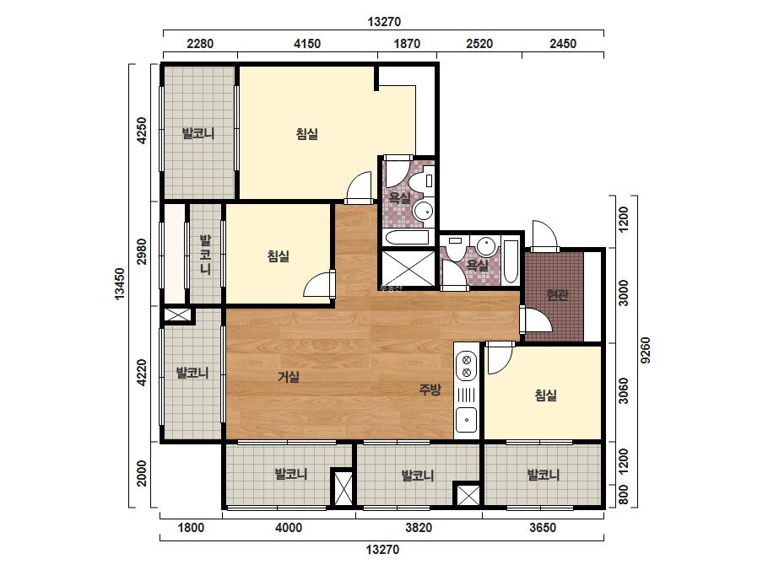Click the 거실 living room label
(x=289, y=377)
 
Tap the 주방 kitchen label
(x=430, y=390)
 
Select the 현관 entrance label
(x=557, y=295)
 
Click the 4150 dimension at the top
(x=307, y=44)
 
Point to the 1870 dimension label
(x=407, y=44)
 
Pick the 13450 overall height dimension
(x=120, y=284)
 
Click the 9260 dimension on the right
(x=646, y=351)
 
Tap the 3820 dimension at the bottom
(x=419, y=527)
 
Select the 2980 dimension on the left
(x=142, y=252)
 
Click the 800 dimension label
(x=624, y=495)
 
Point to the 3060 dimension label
(x=624, y=391)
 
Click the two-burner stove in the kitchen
(x=467, y=366)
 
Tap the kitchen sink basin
(x=467, y=419)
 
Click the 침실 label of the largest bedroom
(x=307, y=134)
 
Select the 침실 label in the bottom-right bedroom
(x=545, y=395)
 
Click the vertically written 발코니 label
(x=206, y=255)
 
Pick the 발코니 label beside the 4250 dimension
(x=198, y=133)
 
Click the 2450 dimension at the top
(x=563, y=44)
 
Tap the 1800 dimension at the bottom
(x=191, y=527)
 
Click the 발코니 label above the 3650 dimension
(x=543, y=475)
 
